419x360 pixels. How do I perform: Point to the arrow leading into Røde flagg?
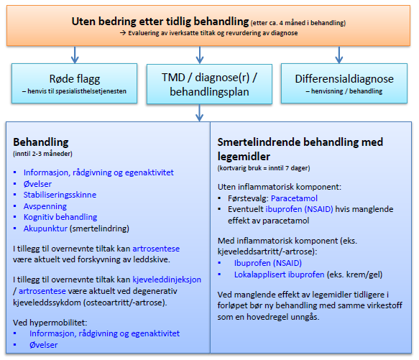coord(75,53)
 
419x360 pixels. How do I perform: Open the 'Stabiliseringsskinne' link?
coord(60,195)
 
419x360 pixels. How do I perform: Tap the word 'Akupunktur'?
coord(47,229)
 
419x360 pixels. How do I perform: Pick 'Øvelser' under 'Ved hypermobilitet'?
coord(43,345)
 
